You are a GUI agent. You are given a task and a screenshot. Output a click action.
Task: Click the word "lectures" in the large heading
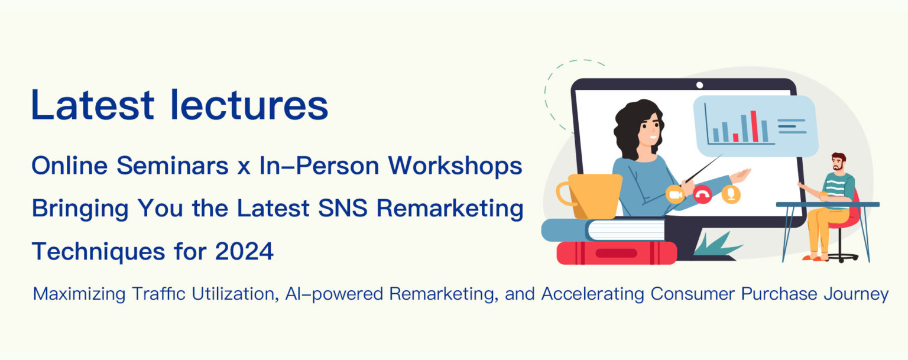tap(249, 105)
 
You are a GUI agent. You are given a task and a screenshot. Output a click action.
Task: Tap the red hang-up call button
tap(702, 194)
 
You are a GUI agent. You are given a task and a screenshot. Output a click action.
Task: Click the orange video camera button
tap(674, 194)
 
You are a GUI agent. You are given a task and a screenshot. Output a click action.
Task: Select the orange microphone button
tap(731, 194)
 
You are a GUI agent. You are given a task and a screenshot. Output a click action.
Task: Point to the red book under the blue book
tap(617, 253)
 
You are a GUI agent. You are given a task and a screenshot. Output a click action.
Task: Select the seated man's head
tap(838, 162)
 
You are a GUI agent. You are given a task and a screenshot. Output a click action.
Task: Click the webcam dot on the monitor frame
tap(699, 85)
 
